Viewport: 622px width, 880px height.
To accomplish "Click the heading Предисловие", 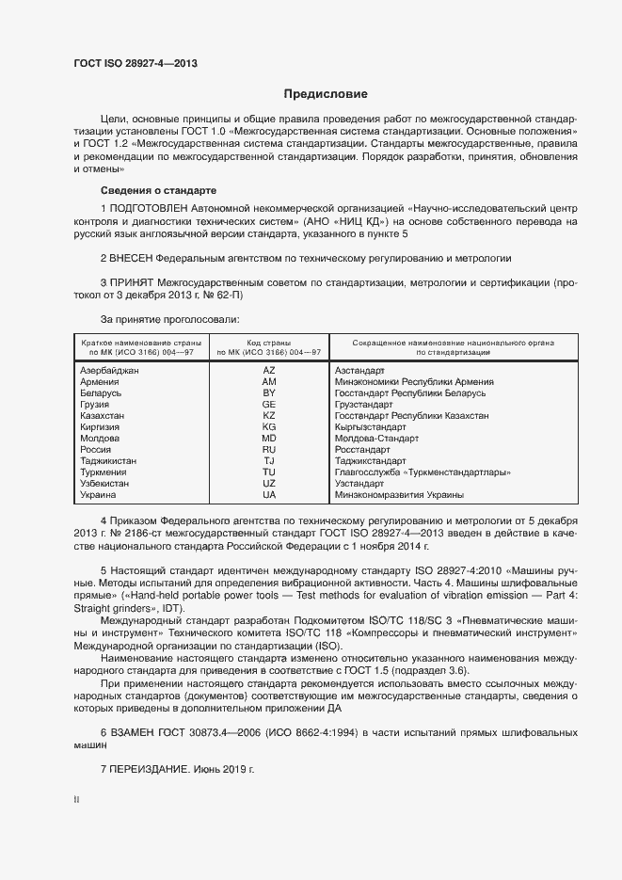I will point(326,94).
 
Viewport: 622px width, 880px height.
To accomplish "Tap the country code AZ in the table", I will point(269,371).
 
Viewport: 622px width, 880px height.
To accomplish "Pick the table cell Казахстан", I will point(103,415).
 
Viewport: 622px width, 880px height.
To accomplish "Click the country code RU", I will point(269,450).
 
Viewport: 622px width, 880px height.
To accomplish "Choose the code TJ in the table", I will point(269,461).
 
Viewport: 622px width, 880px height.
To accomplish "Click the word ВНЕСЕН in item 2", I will point(131,257).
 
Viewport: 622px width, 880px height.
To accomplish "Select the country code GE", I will point(269,404).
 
